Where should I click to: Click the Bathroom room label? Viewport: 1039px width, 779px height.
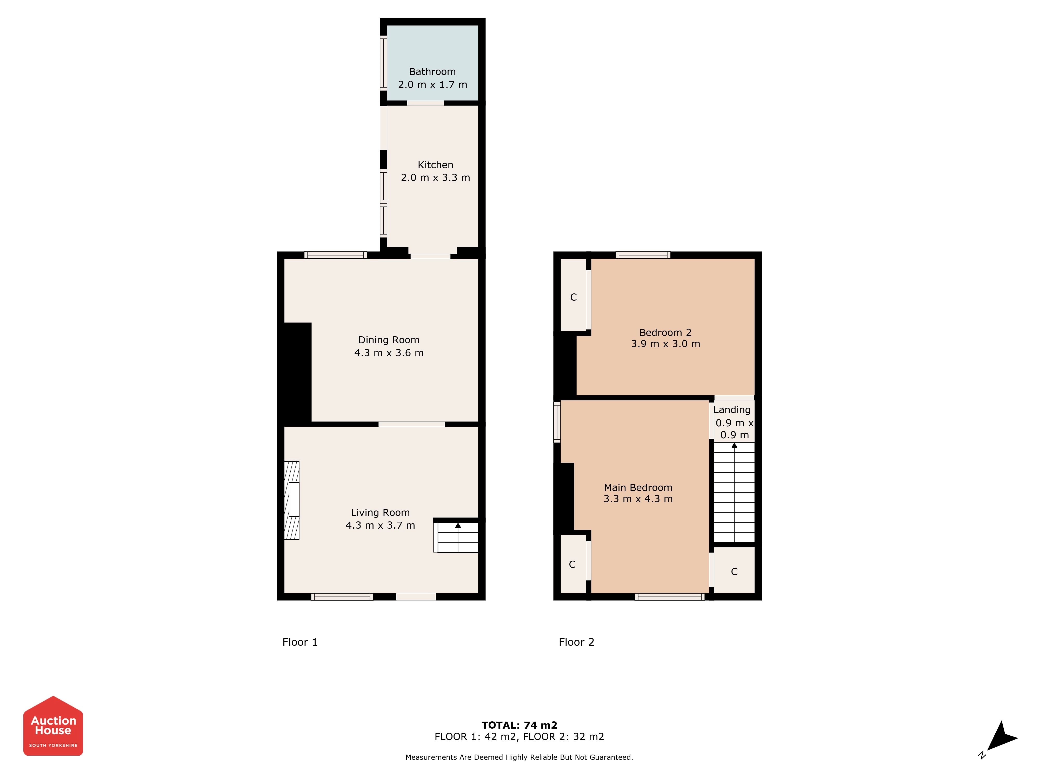click(x=432, y=72)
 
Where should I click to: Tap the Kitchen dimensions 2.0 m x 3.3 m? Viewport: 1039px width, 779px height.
click(x=435, y=178)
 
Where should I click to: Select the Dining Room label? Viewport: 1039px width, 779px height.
click(x=389, y=340)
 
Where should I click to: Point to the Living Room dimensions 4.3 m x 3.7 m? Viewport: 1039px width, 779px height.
click(x=381, y=526)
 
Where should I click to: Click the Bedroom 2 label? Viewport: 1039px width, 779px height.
click(x=665, y=332)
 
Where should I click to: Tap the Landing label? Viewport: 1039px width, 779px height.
click(x=732, y=410)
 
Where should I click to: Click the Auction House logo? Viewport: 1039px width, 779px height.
click(x=53, y=726)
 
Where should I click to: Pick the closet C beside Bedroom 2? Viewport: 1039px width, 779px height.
click(x=574, y=297)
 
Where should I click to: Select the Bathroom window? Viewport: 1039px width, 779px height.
click(x=383, y=63)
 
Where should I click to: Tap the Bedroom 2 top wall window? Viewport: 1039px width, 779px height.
click(x=643, y=255)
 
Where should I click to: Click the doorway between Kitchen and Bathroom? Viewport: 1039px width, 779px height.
click(x=425, y=103)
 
